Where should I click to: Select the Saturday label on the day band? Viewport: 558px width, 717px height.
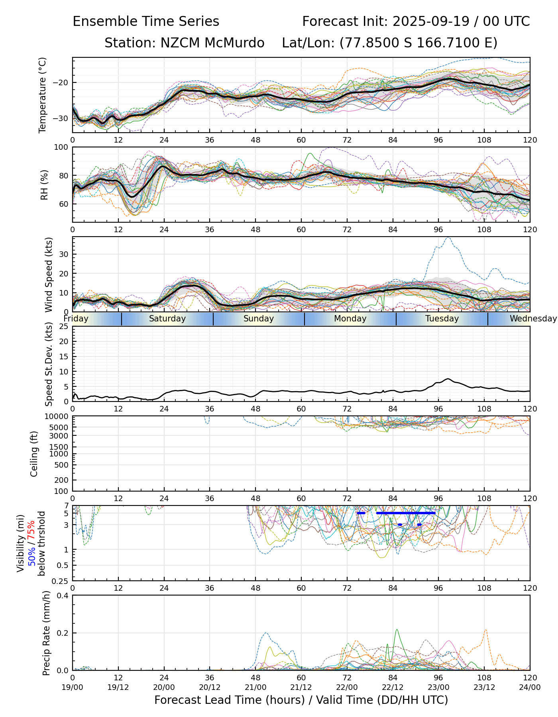tap(167, 319)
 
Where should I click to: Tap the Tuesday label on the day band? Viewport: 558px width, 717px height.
tap(442, 319)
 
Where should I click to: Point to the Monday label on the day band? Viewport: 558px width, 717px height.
tap(350, 319)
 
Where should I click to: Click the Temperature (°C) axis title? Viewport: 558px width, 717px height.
tap(43, 95)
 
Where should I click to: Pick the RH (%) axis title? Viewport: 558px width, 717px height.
tap(45, 184)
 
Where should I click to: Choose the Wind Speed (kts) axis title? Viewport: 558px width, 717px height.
tap(49, 274)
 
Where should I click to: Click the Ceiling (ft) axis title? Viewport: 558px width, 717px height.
tap(34, 454)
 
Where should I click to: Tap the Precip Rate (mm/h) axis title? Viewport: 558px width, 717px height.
tap(46, 633)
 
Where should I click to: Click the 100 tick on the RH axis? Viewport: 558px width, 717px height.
tap(61, 147)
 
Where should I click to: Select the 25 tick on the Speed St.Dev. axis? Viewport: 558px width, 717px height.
tap(64, 327)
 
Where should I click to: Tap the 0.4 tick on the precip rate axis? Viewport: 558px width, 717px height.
tap(63, 596)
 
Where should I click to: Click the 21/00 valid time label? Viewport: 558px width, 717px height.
tap(255, 687)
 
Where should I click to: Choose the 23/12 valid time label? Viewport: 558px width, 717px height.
tap(484, 687)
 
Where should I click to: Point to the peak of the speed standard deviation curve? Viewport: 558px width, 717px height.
tap(448, 379)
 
